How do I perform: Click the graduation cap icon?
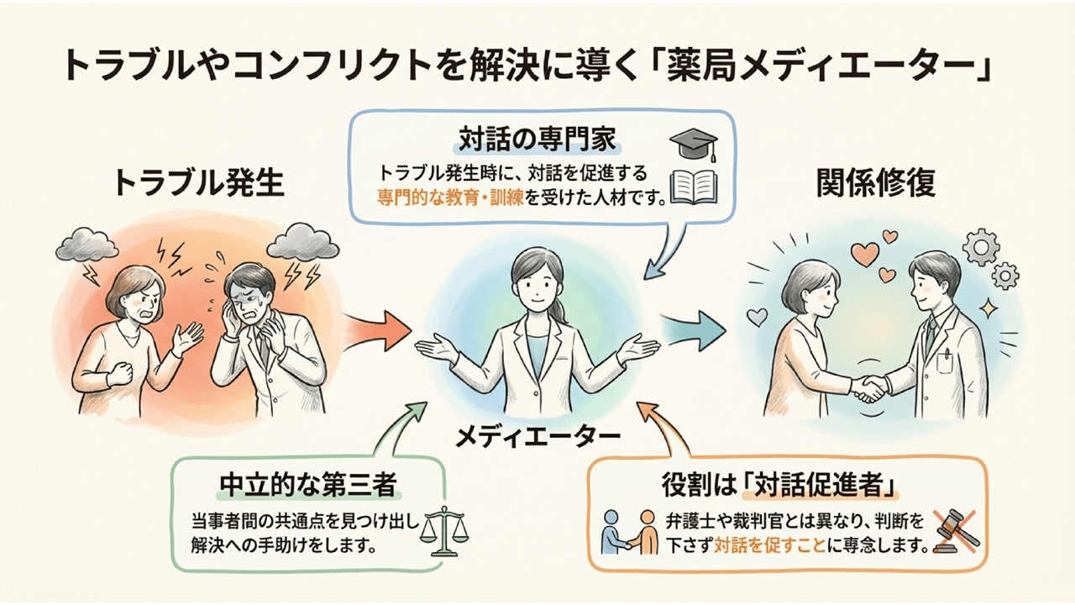pyautogui.click(x=694, y=144)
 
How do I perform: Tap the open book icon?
pyautogui.click(x=694, y=186)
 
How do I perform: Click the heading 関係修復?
pyautogui.click(x=876, y=183)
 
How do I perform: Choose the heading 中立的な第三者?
pyautogui.click(x=307, y=486)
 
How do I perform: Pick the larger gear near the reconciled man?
pyautogui.click(x=979, y=245)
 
